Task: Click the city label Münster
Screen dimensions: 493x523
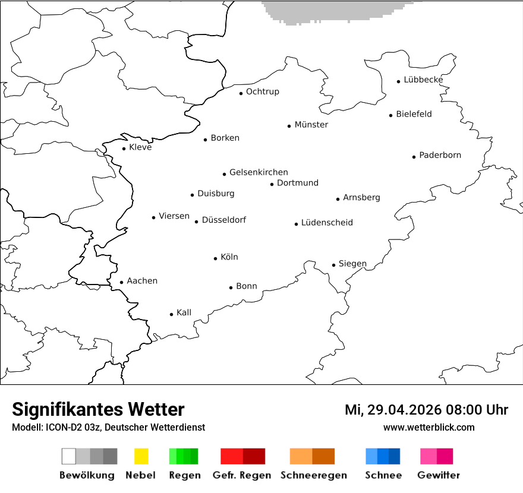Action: point(311,125)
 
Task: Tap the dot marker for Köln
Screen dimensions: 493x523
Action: point(216,258)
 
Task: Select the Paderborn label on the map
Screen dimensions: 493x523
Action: point(440,155)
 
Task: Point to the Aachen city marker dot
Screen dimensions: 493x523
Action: point(122,283)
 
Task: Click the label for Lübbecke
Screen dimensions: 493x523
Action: point(423,80)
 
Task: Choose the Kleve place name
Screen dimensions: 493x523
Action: point(140,147)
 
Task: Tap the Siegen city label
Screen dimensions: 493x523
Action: point(352,264)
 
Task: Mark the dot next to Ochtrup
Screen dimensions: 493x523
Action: point(241,93)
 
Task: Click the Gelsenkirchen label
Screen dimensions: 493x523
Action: point(259,172)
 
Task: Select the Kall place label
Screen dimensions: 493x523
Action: point(184,312)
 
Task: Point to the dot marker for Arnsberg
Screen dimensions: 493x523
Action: point(338,199)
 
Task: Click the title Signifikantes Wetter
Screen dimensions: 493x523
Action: point(98,410)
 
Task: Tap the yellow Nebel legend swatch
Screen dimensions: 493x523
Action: point(141,456)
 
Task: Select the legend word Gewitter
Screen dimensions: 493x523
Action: point(438,475)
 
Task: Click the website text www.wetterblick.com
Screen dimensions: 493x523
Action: point(429,427)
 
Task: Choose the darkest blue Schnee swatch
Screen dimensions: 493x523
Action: point(395,456)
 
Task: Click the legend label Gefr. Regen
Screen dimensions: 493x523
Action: point(242,475)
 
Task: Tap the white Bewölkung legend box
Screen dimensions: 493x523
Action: point(68,456)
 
